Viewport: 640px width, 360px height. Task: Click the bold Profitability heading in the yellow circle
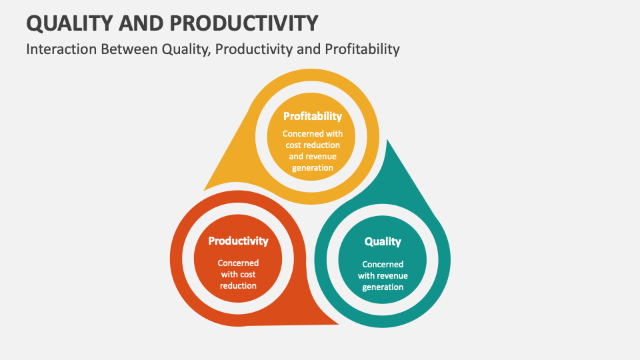pos(312,116)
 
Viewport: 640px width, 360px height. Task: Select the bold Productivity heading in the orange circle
pos(238,241)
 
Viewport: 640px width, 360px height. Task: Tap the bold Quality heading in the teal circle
pos(383,241)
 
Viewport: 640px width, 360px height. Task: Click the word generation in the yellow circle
pos(312,167)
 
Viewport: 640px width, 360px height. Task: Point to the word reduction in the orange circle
pos(238,285)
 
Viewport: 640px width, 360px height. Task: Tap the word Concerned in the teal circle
pos(383,265)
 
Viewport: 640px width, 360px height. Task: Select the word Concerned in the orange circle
pos(238,263)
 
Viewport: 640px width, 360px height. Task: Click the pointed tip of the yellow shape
pos(204,190)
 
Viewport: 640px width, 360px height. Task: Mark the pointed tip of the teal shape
pos(387,140)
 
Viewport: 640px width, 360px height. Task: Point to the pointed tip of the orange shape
pos(338,324)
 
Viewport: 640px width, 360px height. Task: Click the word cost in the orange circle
pos(247,275)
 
